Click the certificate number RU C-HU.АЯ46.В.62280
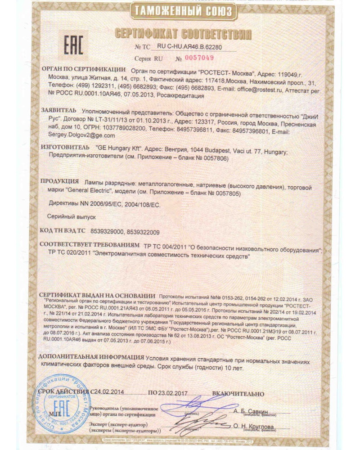coord(189,46)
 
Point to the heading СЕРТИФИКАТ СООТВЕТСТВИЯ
coord(183,34)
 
